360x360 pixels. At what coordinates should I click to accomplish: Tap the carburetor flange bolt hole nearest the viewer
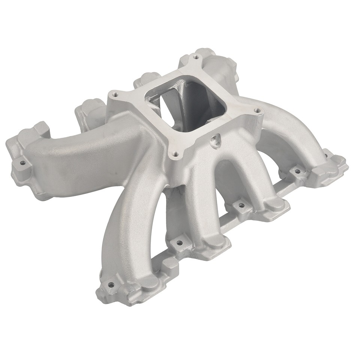coord(174,153)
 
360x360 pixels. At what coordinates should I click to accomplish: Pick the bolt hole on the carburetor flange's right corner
coord(256,111)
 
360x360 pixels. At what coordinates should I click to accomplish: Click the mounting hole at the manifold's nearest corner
coord(111,285)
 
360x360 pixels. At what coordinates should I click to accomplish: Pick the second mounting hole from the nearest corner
coord(180,243)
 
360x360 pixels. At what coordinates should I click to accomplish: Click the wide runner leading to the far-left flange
coord(86,150)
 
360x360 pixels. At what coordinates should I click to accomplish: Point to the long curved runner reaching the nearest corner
coord(131,225)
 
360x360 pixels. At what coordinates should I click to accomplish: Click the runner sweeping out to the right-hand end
coord(296,127)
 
